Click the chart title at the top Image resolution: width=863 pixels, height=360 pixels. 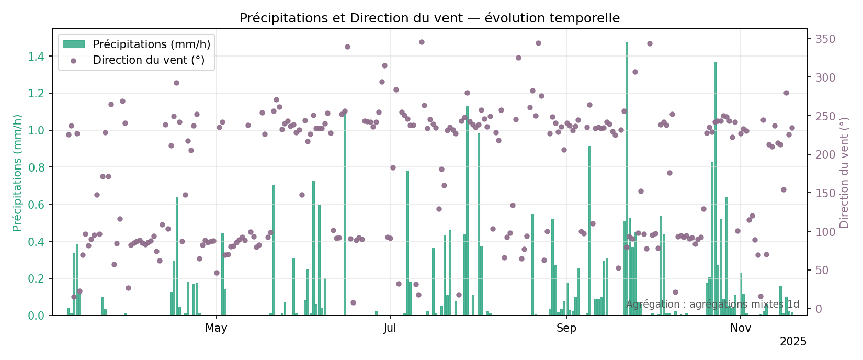(x=429, y=18)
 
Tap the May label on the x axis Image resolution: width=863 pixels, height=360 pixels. (x=216, y=328)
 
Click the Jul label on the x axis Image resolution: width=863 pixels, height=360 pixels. (x=390, y=328)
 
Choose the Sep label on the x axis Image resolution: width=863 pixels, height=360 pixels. (x=566, y=328)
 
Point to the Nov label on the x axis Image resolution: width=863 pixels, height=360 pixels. (x=741, y=328)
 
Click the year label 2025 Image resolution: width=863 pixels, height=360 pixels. (x=793, y=342)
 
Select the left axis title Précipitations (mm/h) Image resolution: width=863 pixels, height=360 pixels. (x=17, y=173)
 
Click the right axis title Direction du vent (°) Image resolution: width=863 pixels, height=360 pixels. (x=844, y=173)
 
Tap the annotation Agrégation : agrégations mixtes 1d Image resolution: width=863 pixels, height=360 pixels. (x=712, y=305)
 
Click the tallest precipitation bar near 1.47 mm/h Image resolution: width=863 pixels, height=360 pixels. (x=627, y=178)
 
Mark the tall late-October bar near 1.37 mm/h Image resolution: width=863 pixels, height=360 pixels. (x=715, y=188)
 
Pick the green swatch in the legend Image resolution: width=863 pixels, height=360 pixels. (x=73, y=44)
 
